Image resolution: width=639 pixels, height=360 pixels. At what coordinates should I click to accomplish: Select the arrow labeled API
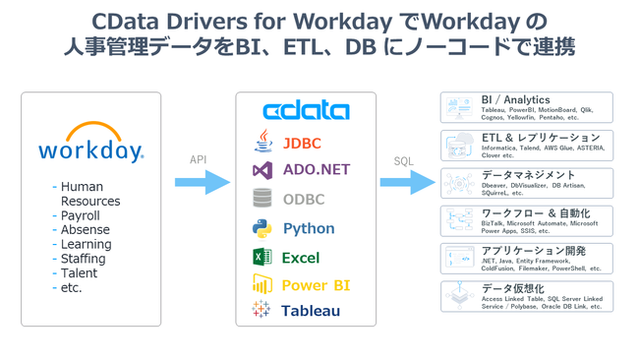tap(203, 182)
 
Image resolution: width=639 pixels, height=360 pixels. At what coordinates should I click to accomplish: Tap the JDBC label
tap(302, 144)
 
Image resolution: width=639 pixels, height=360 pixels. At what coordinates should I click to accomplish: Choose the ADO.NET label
tap(316, 169)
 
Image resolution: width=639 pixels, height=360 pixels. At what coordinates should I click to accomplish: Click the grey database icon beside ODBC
tap(261, 199)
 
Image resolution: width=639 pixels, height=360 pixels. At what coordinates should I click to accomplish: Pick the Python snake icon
tap(261, 228)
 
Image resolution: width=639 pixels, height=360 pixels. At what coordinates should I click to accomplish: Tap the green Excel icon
tap(261, 257)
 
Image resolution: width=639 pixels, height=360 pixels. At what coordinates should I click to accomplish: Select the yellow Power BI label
tap(316, 285)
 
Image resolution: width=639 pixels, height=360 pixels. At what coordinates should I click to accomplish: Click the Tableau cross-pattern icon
tap(261, 310)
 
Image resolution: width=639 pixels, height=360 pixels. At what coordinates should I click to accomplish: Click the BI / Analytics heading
tap(515, 100)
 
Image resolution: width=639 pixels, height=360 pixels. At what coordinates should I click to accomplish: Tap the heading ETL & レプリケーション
tap(540, 138)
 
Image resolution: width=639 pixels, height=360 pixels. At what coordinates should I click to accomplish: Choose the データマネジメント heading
tap(529, 175)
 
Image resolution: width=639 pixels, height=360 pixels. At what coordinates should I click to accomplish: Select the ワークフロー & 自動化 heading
tap(536, 212)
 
